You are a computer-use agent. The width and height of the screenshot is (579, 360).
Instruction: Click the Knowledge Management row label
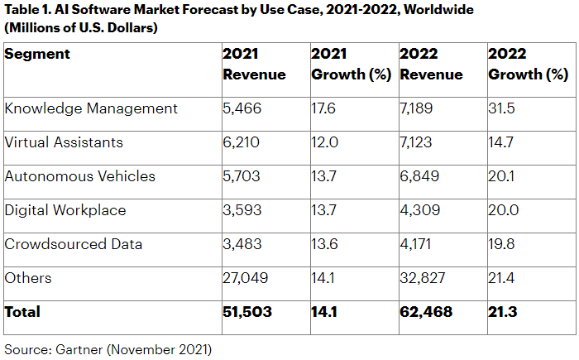click(91, 108)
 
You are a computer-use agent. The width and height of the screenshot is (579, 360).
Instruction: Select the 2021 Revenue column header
click(254, 65)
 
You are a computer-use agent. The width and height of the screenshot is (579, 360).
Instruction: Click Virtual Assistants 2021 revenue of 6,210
click(242, 142)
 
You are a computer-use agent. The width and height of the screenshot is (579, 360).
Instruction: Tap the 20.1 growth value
click(502, 176)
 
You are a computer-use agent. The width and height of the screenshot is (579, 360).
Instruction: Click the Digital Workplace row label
click(65, 210)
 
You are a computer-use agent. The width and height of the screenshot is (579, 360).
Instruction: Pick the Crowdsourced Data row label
click(74, 244)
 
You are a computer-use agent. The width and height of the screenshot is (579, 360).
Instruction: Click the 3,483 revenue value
click(242, 244)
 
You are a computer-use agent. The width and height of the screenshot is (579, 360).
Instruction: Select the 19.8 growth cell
click(503, 244)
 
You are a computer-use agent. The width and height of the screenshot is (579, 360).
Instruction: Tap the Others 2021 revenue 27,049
click(246, 278)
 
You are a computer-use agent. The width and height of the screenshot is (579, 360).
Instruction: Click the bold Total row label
click(22, 313)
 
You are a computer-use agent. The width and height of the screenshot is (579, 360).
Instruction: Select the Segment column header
click(37, 55)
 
